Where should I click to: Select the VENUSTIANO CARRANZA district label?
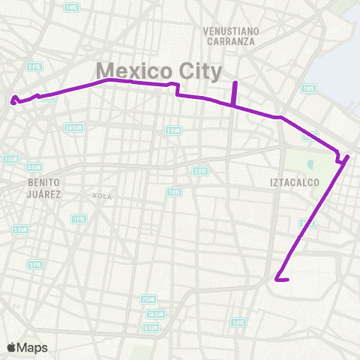point(229,36)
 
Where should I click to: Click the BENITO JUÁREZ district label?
point(43,187)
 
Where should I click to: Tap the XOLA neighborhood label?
point(101,196)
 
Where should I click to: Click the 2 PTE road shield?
point(34,66)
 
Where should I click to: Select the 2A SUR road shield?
point(73,127)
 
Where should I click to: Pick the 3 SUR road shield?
point(10,158)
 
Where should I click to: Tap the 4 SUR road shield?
point(34,167)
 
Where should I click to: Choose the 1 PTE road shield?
point(78,219)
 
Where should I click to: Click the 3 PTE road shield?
point(34,264)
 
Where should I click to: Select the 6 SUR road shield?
point(151,328)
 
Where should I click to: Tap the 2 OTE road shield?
point(199,171)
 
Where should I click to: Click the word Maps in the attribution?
point(33,347)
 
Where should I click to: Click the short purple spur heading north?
point(235,93)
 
